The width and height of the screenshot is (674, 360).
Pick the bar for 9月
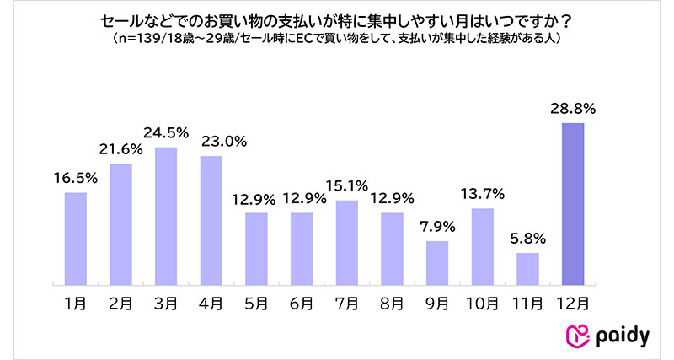point(436,262)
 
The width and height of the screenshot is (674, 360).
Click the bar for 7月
point(346,242)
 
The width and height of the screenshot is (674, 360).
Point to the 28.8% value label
point(572,109)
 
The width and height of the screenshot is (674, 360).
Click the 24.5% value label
point(165,133)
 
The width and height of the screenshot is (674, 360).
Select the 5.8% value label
point(527,239)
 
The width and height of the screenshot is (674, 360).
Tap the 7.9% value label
point(436,227)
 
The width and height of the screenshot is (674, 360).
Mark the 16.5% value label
point(75,178)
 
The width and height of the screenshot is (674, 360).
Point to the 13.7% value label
point(482,194)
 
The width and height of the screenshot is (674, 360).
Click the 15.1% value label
point(346,186)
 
